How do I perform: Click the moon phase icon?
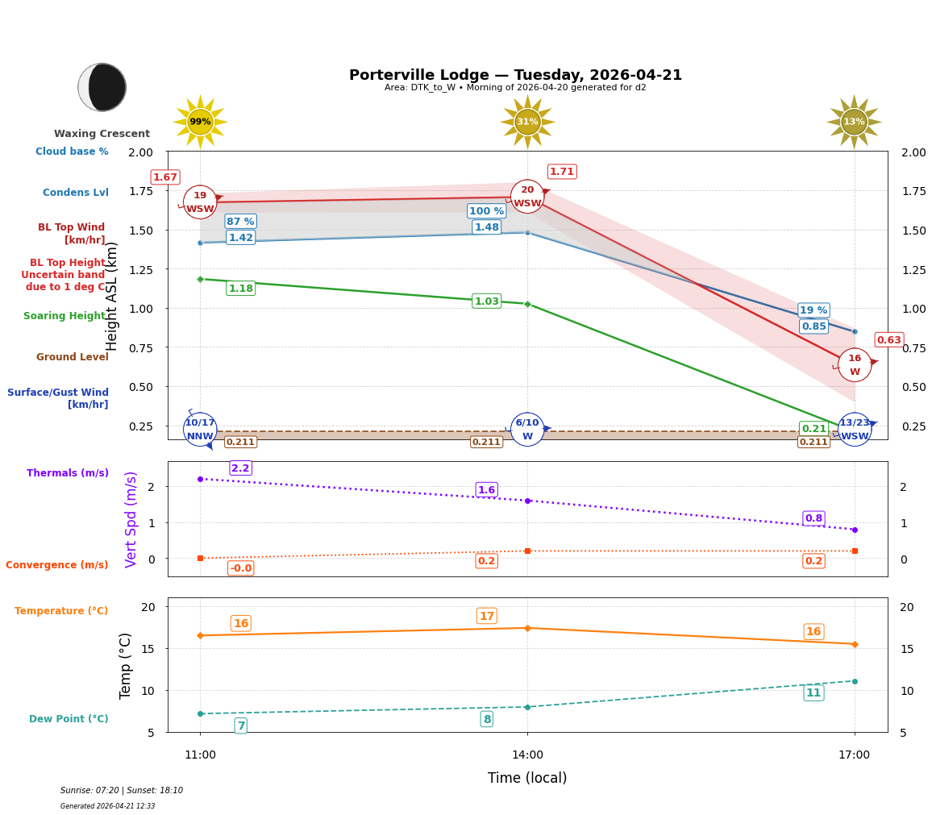click(102, 87)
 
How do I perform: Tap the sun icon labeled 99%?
click(200, 122)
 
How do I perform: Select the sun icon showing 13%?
click(854, 122)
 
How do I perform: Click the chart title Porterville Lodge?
click(515, 75)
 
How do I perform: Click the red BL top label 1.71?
click(562, 172)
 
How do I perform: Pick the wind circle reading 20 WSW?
click(527, 197)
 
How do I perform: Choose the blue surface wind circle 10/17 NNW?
click(200, 429)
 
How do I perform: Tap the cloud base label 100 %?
click(486, 211)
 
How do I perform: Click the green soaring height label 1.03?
click(486, 301)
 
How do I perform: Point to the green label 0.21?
click(813, 429)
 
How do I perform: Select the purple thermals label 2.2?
click(240, 468)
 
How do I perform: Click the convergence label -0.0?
click(240, 568)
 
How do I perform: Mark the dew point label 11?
click(813, 693)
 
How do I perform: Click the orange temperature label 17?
click(487, 617)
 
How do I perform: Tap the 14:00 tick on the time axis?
click(527, 755)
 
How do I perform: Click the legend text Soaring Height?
click(65, 316)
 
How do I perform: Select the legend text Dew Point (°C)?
click(69, 719)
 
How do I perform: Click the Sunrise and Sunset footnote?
click(122, 791)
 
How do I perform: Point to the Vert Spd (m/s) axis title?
click(131, 519)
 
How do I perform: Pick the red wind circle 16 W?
click(855, 365)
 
